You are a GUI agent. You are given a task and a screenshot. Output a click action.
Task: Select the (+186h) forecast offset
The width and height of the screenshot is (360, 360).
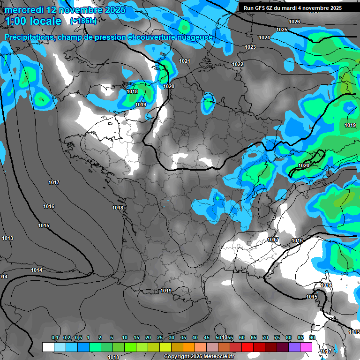(83, 21)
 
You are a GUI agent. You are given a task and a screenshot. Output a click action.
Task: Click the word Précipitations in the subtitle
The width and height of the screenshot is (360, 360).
(28, 37)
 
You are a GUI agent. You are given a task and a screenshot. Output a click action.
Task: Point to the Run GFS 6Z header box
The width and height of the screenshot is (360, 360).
(292, 8)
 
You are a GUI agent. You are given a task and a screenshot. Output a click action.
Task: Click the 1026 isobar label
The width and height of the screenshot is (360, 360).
(294, 22)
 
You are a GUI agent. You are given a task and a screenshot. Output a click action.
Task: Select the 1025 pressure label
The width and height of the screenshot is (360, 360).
(282, 30)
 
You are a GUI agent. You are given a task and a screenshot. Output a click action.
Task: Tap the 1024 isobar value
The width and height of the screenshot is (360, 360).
(264, 37)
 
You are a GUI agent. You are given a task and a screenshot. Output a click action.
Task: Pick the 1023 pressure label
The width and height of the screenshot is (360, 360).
(250, 47)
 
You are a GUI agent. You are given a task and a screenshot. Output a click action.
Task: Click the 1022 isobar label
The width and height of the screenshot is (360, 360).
(238, 64)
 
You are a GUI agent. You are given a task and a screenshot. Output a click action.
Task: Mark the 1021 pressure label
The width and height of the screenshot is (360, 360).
(185, 61)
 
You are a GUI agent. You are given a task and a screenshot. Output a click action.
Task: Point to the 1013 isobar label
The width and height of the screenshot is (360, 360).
(7, 239)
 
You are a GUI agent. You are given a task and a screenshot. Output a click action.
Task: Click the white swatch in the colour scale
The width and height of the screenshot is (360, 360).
(48, 347)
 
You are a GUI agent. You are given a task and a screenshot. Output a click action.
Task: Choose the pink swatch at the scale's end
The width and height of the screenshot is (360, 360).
(306, 347)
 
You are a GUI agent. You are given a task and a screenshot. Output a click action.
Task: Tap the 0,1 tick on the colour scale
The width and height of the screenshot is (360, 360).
(55, 338)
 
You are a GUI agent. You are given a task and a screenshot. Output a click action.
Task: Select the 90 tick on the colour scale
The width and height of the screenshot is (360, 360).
(312, 338)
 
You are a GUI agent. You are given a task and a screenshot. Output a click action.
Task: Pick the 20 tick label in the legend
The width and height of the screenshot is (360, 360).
(148, 338)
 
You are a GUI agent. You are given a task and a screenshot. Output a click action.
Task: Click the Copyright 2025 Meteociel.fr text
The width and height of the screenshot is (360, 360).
(193, 357)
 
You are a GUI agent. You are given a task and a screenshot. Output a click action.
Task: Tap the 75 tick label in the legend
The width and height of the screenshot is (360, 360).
(277, 338)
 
